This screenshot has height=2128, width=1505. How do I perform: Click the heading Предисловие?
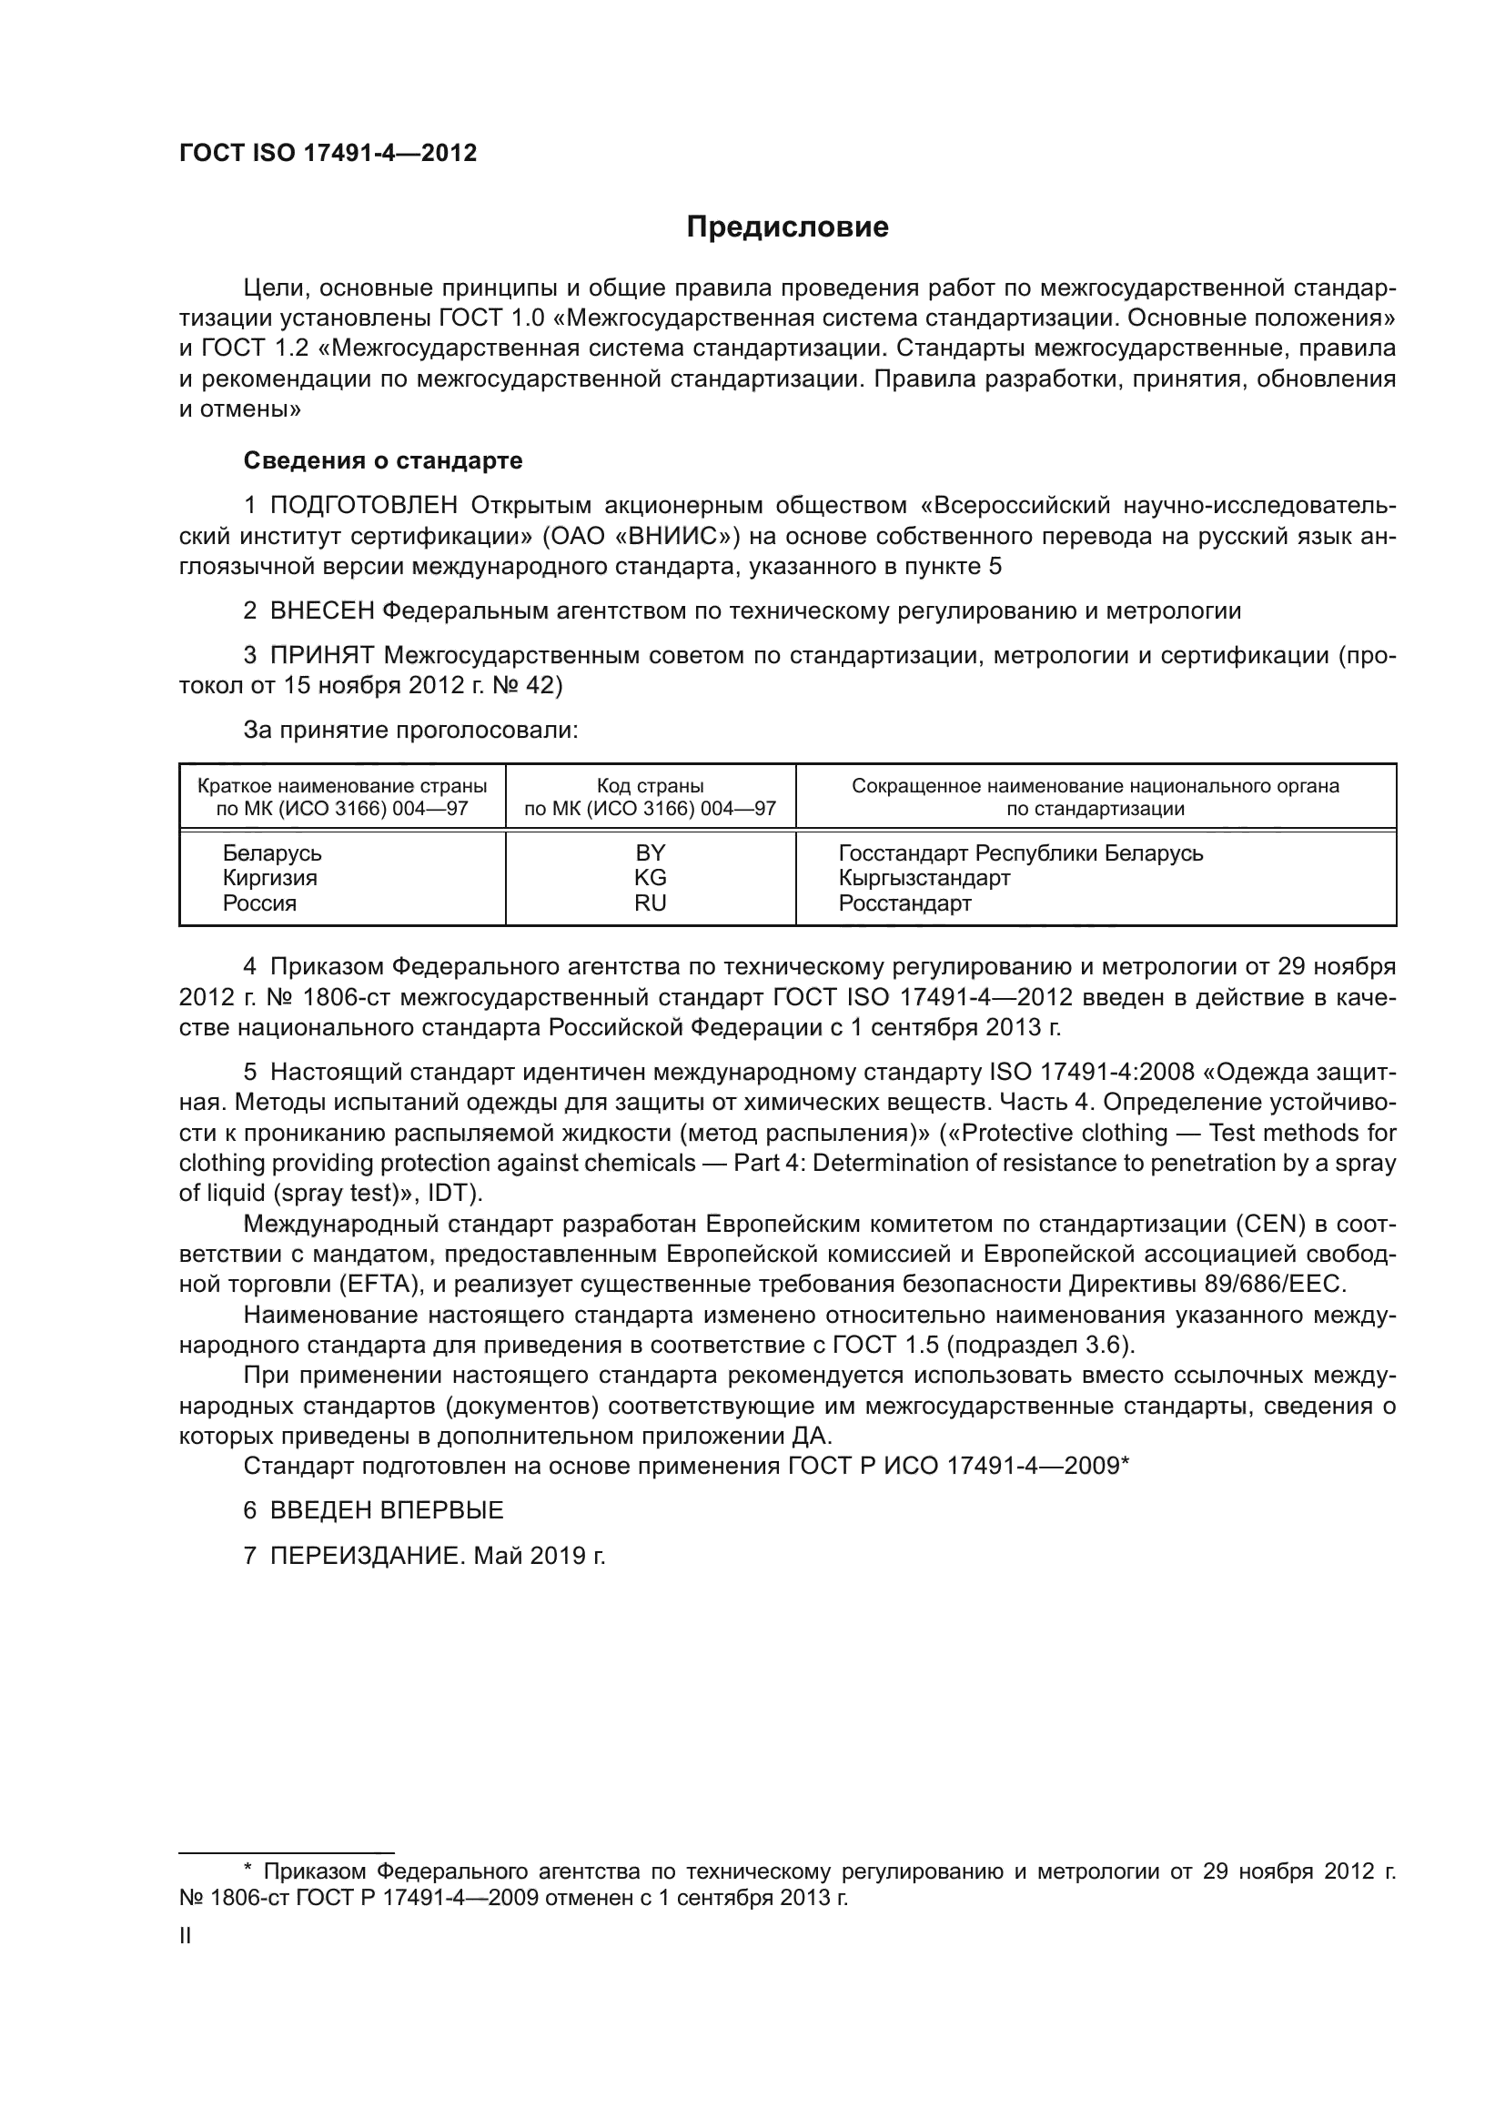pos(787,227)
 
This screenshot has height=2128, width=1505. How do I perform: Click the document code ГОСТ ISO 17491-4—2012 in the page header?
pos(328,154)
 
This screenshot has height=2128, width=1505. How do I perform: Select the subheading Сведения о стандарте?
pos(383,460)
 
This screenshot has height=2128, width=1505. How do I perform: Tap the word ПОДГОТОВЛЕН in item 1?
pos(363,505)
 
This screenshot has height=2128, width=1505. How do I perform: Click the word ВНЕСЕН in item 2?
pos(321,610)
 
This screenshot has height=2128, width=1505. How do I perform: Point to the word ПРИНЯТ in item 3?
pos(321,655)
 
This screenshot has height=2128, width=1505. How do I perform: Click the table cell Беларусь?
pos(271,852)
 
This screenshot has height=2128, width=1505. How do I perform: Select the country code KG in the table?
pos(650,878)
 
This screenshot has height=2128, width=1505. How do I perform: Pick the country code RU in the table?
pos(650,903)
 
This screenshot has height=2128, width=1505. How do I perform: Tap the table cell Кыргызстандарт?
pos(924,878)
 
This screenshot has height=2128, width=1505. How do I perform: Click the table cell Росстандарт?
pos(904,903)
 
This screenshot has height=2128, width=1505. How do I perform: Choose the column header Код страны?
pos(650,786)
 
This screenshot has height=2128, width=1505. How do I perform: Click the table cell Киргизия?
pos(269,878)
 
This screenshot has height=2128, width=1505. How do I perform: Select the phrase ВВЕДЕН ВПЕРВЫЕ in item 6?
pos(387,1510)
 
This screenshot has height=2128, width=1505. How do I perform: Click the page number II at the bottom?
pos(186,1936)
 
